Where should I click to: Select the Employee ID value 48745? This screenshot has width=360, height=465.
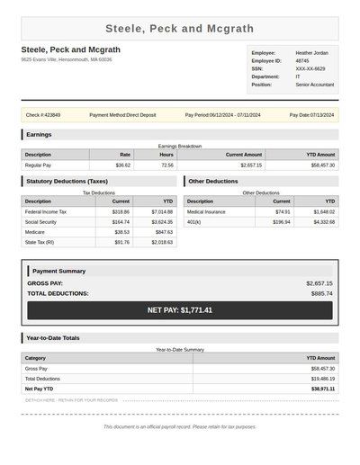point(301,61)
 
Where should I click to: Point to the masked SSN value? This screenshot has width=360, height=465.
point(310,68)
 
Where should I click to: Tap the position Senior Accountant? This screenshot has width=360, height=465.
point(314,85)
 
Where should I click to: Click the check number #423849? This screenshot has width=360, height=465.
point(43,115)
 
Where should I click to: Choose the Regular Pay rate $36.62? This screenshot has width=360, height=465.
point(123,165)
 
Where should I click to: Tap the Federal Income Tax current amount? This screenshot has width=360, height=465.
point(121,211)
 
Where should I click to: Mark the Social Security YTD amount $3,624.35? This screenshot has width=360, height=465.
point(162,221)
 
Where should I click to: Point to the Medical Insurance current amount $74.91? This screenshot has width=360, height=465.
point(283,211)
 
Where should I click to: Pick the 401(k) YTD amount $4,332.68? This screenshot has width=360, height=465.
point(324,221)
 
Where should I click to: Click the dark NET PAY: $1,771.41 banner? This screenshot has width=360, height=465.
point(180,310)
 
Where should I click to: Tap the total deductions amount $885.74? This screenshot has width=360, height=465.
point(321,293)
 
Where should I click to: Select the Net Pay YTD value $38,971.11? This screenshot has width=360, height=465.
point(319,389)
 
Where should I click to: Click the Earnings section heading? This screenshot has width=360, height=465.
point(40,135)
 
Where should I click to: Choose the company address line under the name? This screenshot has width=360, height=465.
point(67,59)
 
